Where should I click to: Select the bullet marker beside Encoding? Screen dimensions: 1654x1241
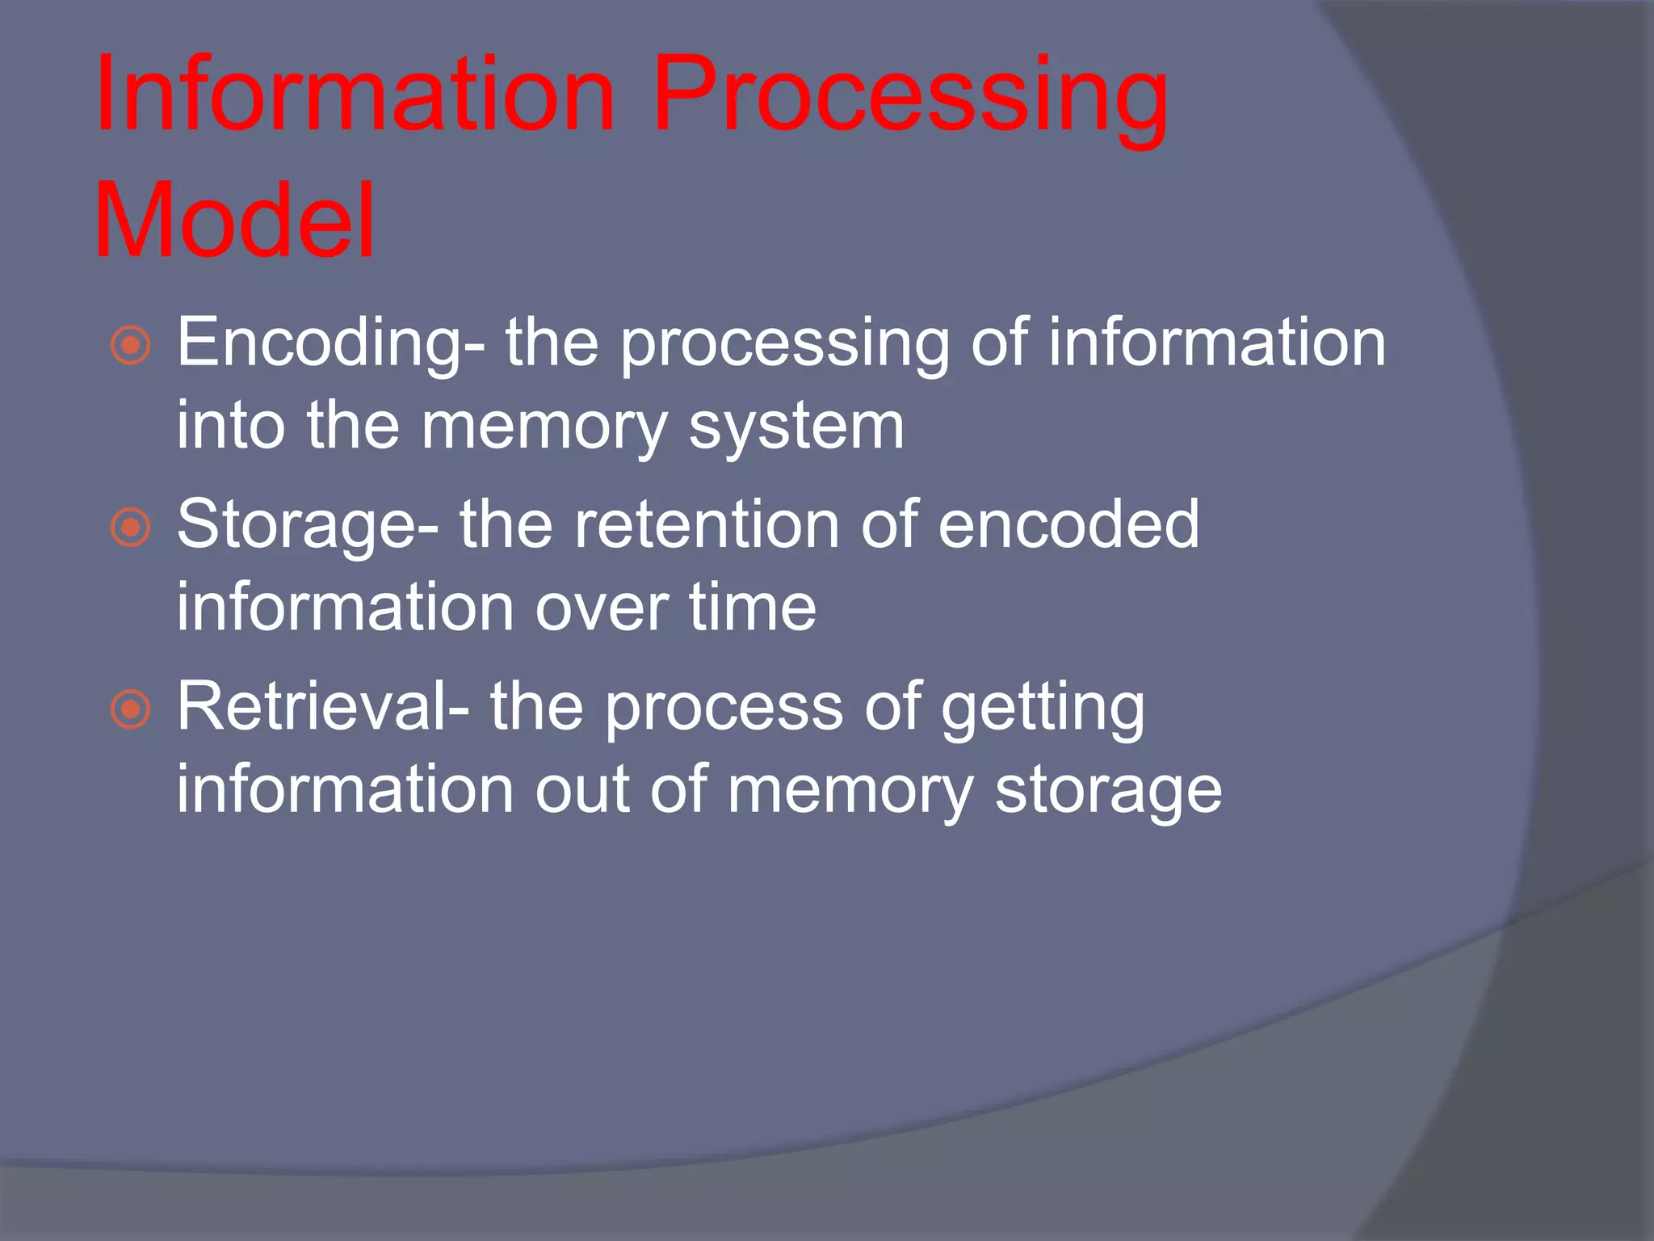tap(130, 346)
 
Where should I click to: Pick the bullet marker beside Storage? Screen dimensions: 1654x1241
tap(130, 528)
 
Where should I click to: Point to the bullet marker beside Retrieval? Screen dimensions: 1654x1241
tap(130, 709)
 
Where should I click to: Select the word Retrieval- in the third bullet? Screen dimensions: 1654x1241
tap(322, 708)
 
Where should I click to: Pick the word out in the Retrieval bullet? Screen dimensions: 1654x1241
tap(581, 790)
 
